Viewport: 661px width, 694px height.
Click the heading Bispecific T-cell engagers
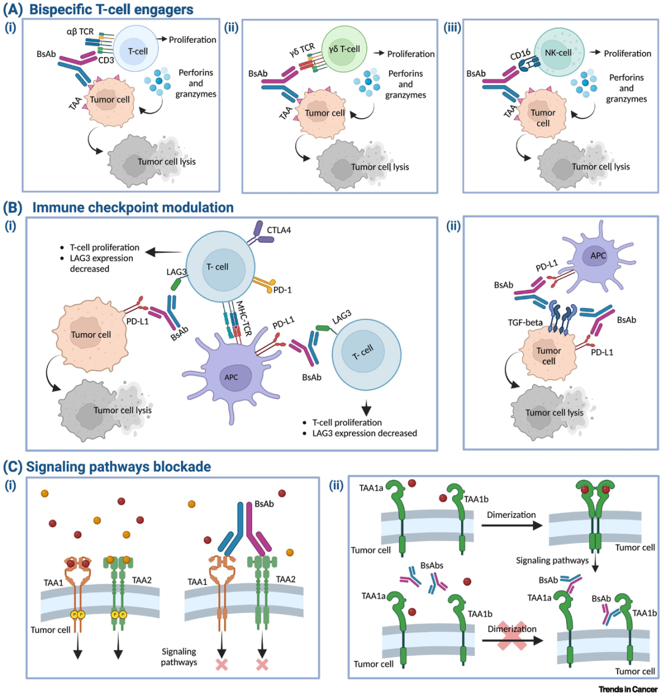coord(111,10)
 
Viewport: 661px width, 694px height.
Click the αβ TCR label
coord(80,32)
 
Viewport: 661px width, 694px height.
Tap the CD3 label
coord(106,60)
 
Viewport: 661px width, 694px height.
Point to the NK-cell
coord(558,53)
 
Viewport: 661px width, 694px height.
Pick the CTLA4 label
coord(278,230)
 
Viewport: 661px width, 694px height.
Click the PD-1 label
coord(282,290)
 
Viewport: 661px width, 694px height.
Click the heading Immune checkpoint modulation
coord(133,207)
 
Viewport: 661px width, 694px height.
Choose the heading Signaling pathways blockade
coord(118,466)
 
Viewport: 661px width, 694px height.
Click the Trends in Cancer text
coord(628,689)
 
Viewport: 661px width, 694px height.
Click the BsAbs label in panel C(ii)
coord(431,565)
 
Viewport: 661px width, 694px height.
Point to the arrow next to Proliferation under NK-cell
coord(594,53)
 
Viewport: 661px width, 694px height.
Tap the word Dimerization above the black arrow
coord(511,515)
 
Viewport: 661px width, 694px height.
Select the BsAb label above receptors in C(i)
coord(264,504)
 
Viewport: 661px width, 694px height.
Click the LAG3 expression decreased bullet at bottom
coord(365,433)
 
